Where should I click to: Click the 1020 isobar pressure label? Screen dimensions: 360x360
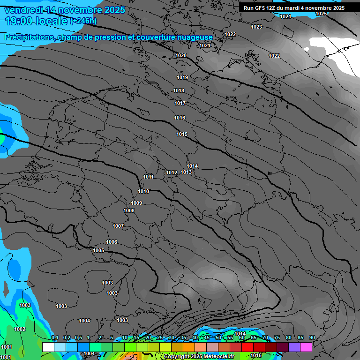click(181, 56)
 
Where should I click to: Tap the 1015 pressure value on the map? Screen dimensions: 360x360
click(182, 135)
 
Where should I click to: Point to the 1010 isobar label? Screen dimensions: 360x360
click(143, 192)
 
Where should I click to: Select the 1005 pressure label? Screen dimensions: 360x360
click(98, 251)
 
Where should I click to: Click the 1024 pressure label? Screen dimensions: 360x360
click(285, 17)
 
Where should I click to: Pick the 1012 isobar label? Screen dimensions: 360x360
click(172, 173)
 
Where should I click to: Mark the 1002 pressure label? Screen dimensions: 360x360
click(20, 330)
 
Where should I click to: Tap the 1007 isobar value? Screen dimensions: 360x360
click(118, 226)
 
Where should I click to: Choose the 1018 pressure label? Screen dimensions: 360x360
click(179, 91)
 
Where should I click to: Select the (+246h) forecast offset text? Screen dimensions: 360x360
click(83, 21)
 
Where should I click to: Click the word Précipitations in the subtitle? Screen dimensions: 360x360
click(30, 37)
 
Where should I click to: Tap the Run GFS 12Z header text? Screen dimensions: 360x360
click(262, 8)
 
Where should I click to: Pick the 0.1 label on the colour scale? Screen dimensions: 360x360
click(54, 338)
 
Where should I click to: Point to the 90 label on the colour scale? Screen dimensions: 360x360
click(312, 338)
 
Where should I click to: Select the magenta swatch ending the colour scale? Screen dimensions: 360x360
click(306, 347)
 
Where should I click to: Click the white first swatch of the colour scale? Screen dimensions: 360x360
click(48, 347)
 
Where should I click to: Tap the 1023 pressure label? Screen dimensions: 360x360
click(256, 27)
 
